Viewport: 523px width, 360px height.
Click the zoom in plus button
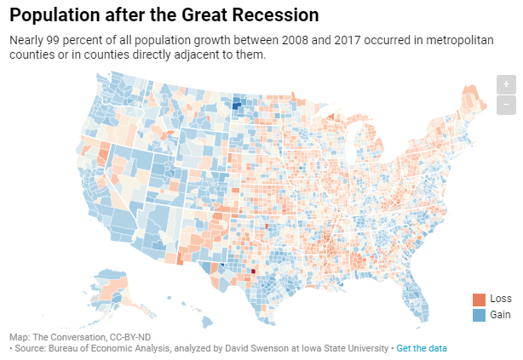coord(506,84)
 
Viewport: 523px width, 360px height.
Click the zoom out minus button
coord(506,105)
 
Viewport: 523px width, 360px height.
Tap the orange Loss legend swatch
coord(479,300)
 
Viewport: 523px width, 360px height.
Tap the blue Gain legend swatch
coord(479,315)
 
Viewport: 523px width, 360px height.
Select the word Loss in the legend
coord(500,300)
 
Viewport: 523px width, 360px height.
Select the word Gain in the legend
coord(500,315)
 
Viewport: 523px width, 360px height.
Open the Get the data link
coord(421,349)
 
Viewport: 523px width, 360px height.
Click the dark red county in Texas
coord(253,272)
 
